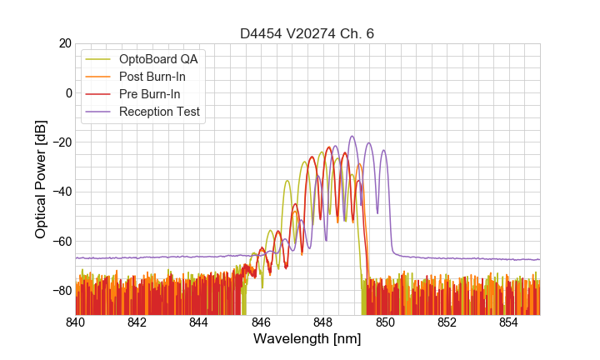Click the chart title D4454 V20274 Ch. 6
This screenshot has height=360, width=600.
[x=307, y=33]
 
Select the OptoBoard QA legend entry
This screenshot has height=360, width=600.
[x=158, y=59]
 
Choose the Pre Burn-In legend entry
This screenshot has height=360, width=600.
[x=150, y=94]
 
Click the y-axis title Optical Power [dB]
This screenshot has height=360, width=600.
[x=41, y=178]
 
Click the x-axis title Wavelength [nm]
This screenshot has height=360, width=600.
[x=307, y=339]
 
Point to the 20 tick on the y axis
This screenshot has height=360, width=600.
[x=64, y=43]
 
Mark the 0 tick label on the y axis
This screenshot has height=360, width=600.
[x=67, y=92]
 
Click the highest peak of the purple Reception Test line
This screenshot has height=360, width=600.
[x=352, y=136]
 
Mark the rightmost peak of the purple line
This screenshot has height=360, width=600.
[x=383, y=151]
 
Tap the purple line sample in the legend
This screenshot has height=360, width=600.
[x=99, y=112]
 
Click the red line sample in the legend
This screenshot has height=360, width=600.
[x=99, y=94]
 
